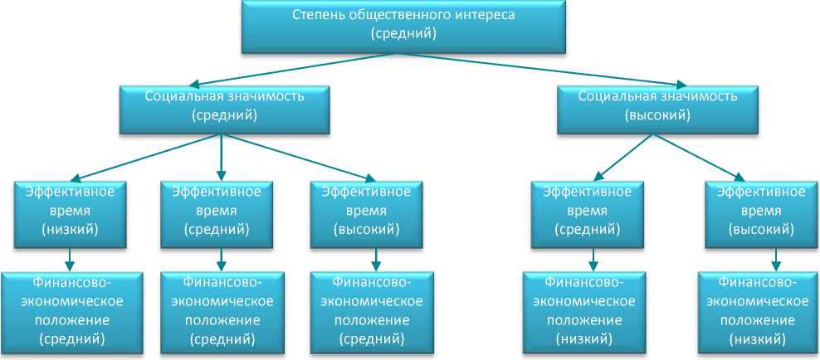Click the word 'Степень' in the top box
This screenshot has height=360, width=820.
tap(319, 15)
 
